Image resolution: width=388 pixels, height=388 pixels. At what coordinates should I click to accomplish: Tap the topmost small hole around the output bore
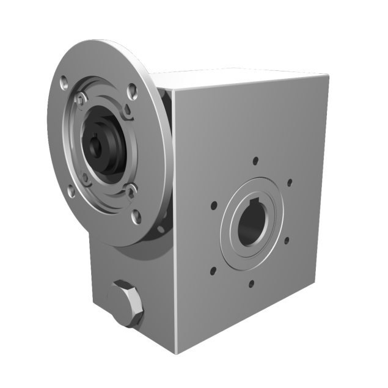[255, 161]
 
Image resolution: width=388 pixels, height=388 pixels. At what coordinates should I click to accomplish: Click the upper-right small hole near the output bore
[289, 182]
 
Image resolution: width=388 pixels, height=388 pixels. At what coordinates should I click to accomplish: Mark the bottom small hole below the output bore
[251, 283]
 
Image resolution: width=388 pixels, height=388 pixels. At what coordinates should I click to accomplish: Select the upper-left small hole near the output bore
[214, 205]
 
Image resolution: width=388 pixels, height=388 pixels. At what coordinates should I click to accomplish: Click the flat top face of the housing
[244, 80]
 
